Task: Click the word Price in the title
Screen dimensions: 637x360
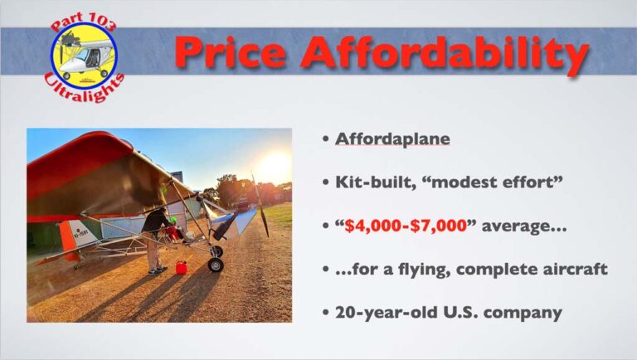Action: tap(231, 52)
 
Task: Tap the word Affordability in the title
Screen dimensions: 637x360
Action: tap(445, 55)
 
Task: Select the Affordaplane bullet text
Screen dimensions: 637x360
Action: tap(392, 139)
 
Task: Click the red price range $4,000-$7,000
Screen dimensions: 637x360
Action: tap(406, 226)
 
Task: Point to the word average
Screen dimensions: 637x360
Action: tap(523, 226)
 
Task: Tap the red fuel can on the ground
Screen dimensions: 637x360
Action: tap(181, 267)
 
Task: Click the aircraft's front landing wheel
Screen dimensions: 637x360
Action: tap(216, 265)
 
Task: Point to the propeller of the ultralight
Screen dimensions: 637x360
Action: tap(260, 205)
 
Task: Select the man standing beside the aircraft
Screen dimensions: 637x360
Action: tap(155, 240)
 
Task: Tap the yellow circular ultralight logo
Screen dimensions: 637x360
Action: tap(84, 56)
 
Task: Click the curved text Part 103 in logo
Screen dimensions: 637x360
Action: tap(83, 22)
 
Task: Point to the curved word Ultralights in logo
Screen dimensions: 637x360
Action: tap(84, 89)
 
